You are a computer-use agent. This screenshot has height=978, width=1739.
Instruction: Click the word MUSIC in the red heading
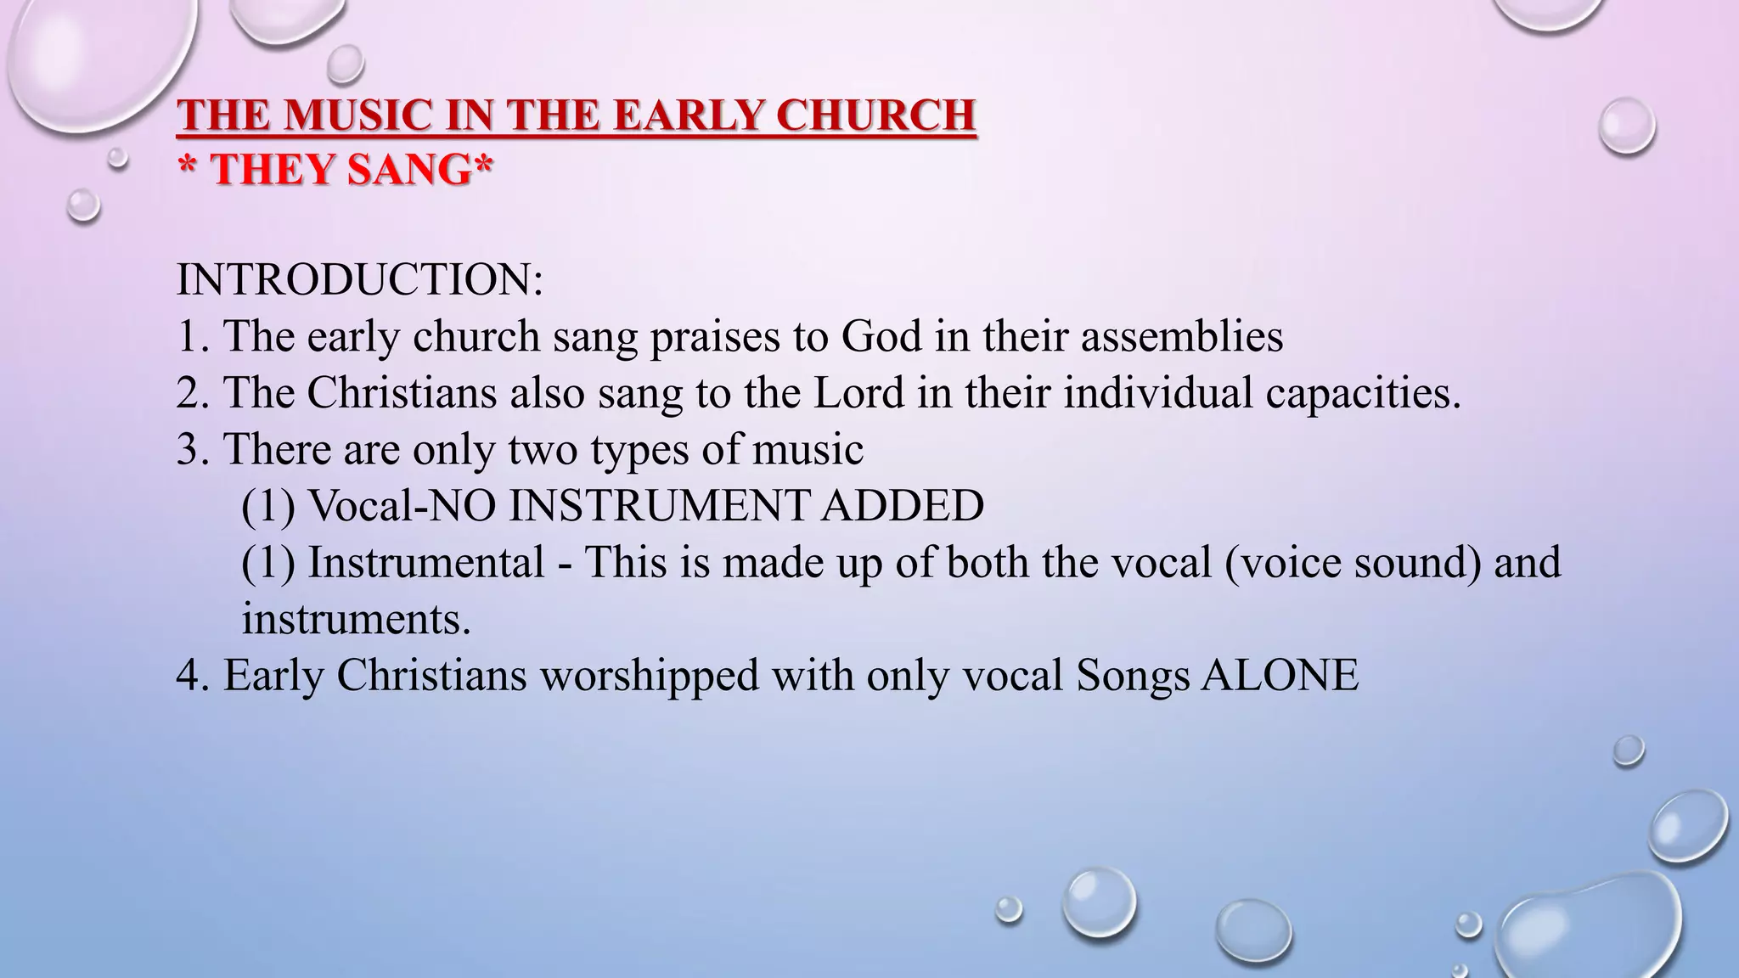click(357, 116)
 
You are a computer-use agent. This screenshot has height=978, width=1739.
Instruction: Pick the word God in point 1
click(881, 336)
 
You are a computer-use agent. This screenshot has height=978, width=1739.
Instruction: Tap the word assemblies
click(1182, 336)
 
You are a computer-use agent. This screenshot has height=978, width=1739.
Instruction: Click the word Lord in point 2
click(858, 393)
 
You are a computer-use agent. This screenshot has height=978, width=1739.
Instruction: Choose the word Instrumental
click(425, 562)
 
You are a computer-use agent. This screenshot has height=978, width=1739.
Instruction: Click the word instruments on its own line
click(356, 619)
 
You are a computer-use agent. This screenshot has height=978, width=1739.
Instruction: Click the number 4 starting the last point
click(188, 676)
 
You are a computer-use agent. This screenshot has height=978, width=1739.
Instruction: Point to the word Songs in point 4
click(1133, 676)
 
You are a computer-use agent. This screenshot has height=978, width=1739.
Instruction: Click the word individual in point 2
click(1158, 393)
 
